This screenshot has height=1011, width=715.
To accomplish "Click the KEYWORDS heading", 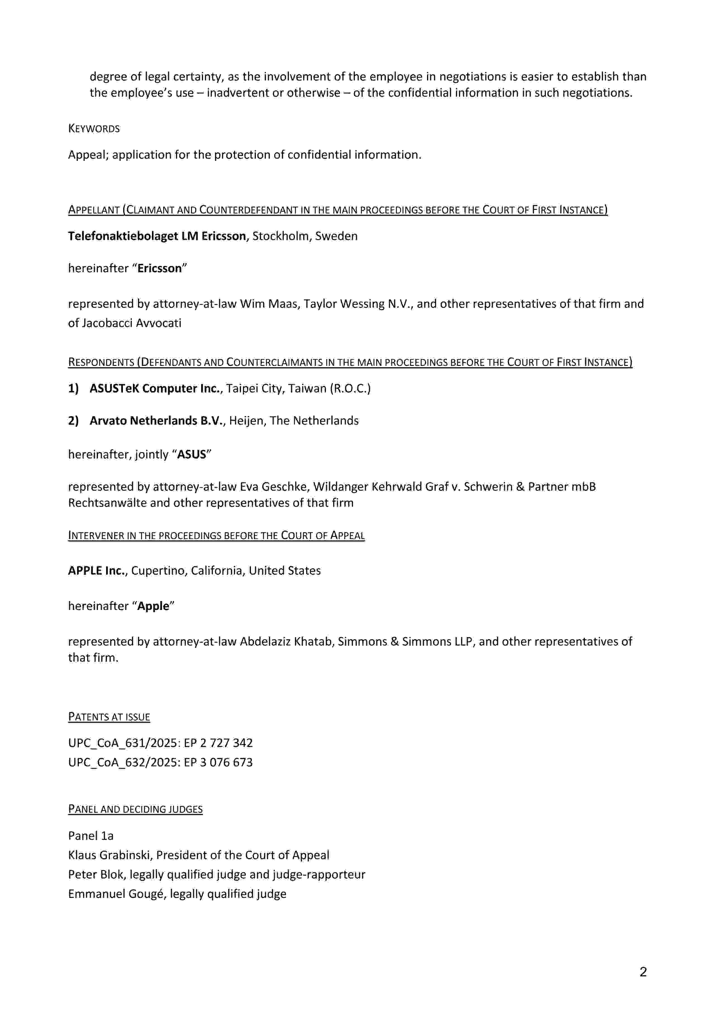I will click(94, 128).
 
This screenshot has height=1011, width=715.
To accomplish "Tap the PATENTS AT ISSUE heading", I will click(109, 717).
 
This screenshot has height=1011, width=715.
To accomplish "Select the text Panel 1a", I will click(91, 836).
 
